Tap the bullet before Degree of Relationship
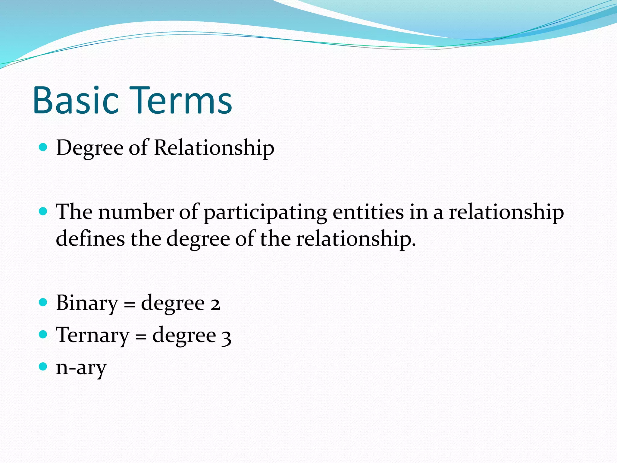[x=43, y=147]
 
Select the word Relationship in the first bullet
[x=214, y=148]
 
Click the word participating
[x=265, y=213]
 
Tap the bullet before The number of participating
[x=43, y=211]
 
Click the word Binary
[x=87, y=303]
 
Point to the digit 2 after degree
[x=215, y=304]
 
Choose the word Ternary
[x=92, y=335]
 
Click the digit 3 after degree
[x=226, y=336]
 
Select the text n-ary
[x=81, y=368]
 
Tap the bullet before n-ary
[x=43, y=367]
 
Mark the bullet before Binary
[x=43, y=302]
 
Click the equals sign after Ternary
[x=141, y=336]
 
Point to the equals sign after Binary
[x=130, y=304]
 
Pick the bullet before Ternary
[x=43, y=334]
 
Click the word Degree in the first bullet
[x=90, y=148]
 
